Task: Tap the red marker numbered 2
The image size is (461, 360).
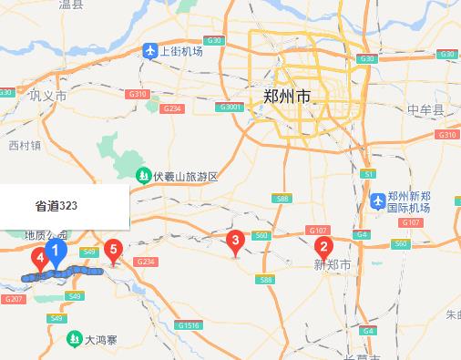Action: click(x=323, y=246)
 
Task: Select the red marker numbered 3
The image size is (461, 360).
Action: click(x=235, y=242)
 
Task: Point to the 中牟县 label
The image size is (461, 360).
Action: click(x=425, y=110)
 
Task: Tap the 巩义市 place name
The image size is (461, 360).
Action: click(x=48, y=96)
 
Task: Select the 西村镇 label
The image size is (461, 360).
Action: click(x=25, y=145)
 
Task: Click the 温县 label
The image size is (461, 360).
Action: click(x=70, y=5)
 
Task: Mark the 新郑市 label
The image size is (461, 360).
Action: click(x=332, y=264)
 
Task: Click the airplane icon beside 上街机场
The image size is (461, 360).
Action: click(x=150, y=51)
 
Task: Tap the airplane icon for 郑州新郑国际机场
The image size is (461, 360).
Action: click(x=377, y=198)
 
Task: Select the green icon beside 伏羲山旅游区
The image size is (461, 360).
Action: click(x=143, y=175)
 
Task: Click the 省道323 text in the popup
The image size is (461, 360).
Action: click(x=56, y=206)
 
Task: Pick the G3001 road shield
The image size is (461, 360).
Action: click(x=229, y=107)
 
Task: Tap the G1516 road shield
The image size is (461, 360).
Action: click(x=190, y=325)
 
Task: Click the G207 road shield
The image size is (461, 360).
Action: click(x=13, y=299)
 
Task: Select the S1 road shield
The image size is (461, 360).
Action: click(x=368, y=173)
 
